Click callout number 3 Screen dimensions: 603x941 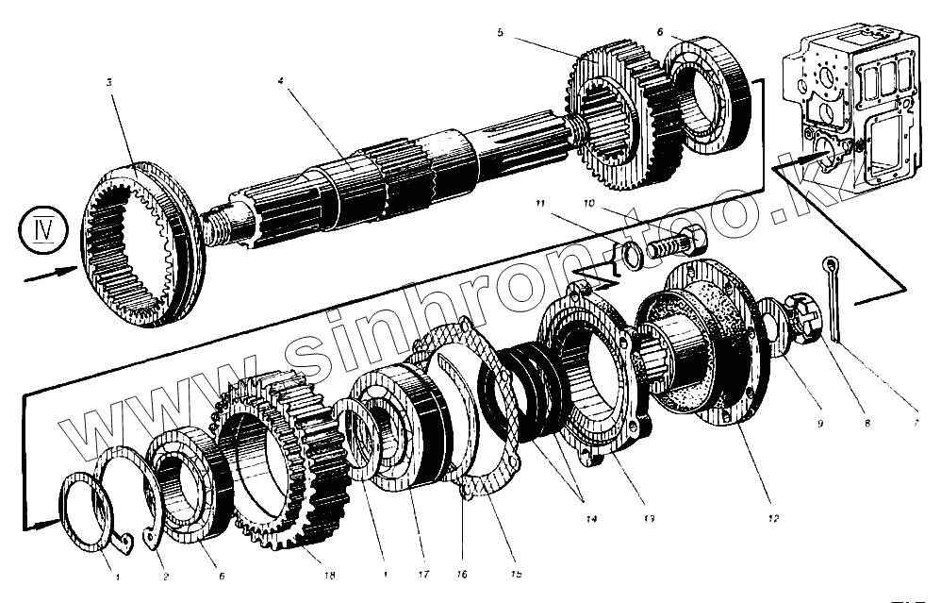click(109, 83)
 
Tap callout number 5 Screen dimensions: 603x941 click(501, 32)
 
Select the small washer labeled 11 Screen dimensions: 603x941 click(629, 253)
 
